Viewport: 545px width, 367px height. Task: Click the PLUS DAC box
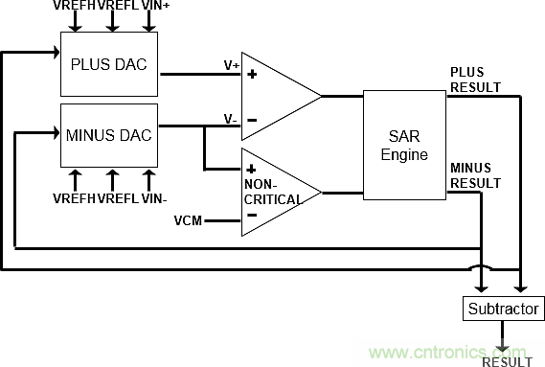[x=109, y=64]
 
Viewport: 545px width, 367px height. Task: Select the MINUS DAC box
[x=109, y=135]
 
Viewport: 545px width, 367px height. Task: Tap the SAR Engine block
[x=404, y=145]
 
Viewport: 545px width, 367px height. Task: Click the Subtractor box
[x=503, y=309]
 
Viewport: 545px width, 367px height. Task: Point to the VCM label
[x=188, y=220]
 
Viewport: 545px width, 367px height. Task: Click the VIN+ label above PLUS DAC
[x=156, y=5]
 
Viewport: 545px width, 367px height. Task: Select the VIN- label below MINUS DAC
[x=154, y=198]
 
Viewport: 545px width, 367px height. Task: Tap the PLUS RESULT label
[x=475, y=80]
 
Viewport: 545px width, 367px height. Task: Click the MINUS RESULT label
[x=475, y=175]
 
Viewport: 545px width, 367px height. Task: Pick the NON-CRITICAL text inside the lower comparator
[x=273, y=192]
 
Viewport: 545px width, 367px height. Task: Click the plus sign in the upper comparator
[x=252, y=74]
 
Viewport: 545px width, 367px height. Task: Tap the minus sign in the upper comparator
[x=252, y=121]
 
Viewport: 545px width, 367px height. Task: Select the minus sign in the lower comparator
[x=252, y=215]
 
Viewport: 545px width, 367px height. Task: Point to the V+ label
[x=232, y=65]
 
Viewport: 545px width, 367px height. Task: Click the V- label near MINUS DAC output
[x=231, y=119]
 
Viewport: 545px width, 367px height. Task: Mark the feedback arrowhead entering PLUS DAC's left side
[x=57, y=53]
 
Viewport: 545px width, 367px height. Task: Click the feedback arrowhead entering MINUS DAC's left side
[x=57, y=132]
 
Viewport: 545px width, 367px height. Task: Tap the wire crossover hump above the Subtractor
[x=481, y=267]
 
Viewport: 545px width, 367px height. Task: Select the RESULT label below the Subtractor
[x=508, y=362]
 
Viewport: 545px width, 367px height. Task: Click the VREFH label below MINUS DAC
[x=74, y=198]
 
